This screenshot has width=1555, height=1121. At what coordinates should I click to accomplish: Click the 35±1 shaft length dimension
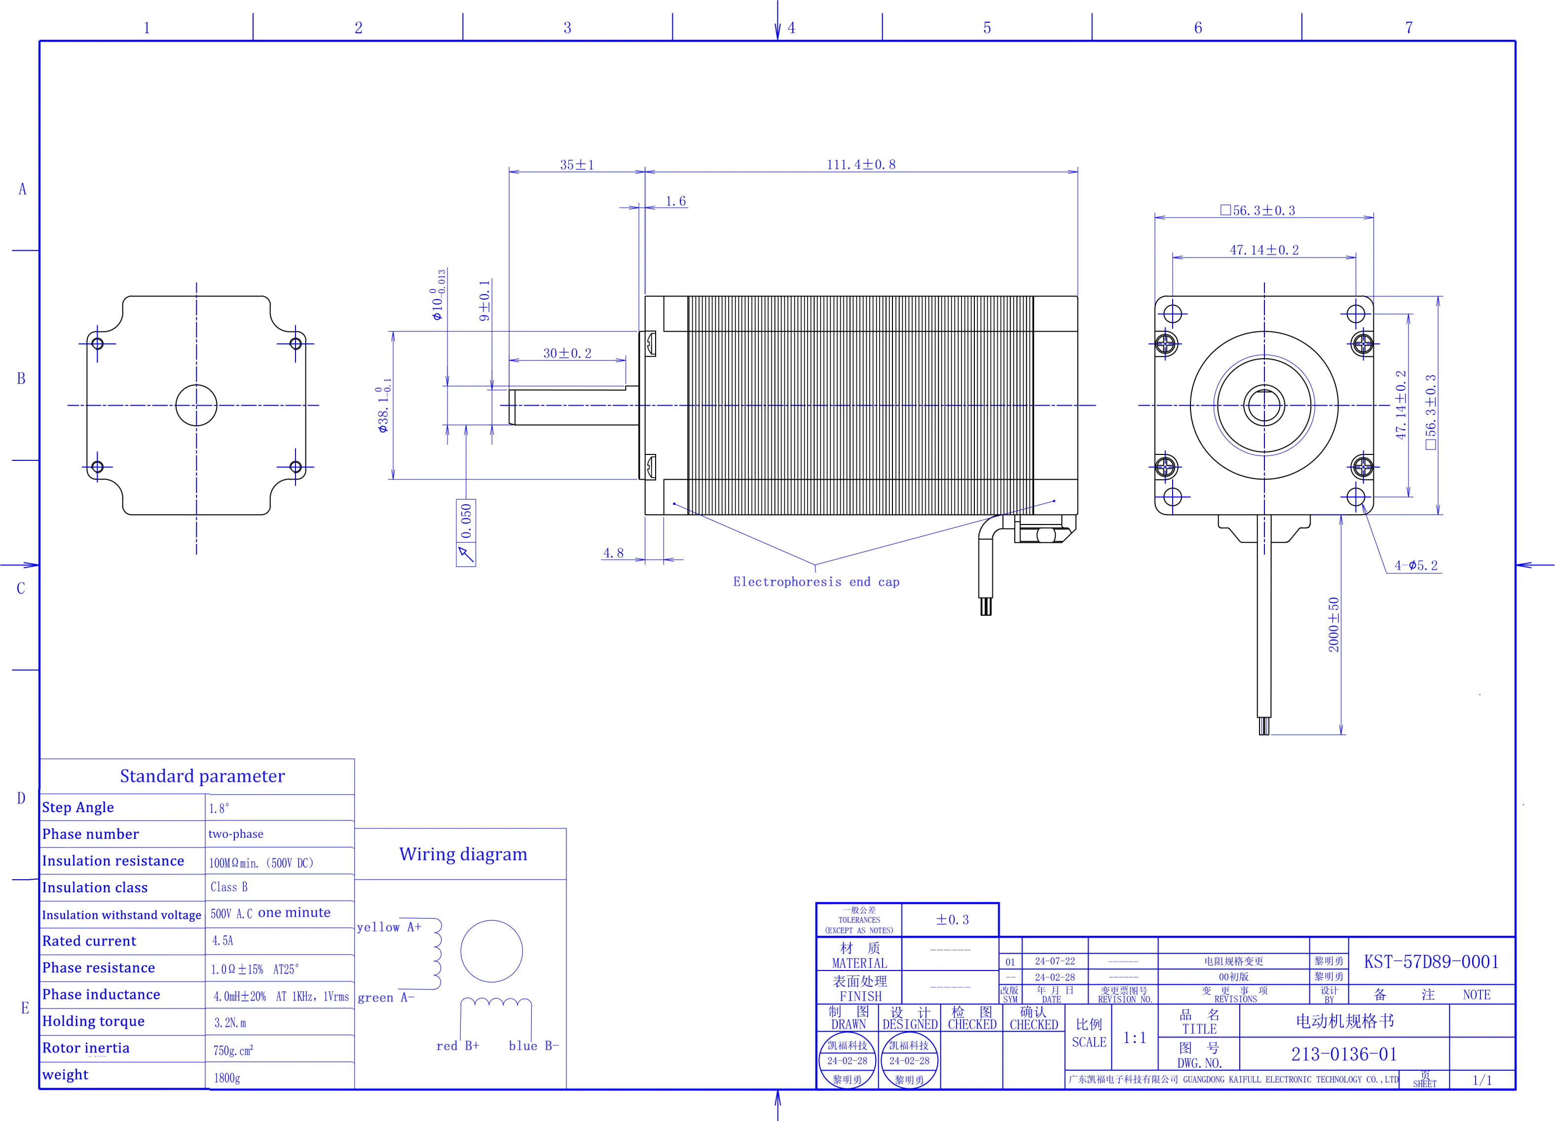577,165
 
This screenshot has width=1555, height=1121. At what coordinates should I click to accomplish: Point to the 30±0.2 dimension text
567,353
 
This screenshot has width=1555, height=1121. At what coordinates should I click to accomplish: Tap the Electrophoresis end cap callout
816,581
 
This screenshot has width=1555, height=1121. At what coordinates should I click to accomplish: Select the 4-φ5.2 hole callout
1416,565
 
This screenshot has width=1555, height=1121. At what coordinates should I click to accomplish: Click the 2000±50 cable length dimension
1333,625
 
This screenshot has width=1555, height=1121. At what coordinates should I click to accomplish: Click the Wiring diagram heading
463,854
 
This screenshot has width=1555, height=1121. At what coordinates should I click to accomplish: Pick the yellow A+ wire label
389,927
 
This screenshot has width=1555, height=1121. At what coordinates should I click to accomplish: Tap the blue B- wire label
533,1046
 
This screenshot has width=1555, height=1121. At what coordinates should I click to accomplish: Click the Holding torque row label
93,1021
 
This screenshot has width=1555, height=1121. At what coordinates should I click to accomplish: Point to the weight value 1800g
227,1078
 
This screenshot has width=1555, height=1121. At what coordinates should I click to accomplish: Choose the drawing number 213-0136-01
1344,1054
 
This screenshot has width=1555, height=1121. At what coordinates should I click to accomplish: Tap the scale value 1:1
1134,1038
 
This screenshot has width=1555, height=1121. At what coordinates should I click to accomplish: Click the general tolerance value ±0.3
952,919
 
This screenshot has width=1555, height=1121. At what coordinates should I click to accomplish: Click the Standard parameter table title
202,776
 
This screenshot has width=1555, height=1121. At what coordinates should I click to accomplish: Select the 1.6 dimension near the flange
675,201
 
